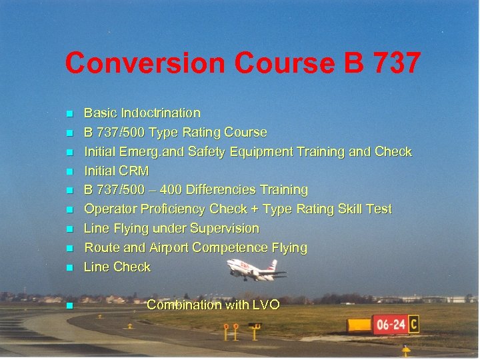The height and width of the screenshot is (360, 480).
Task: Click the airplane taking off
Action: [255, 269]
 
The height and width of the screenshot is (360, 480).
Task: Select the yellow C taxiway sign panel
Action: [414, 325]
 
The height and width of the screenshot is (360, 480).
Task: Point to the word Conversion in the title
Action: [145, 63]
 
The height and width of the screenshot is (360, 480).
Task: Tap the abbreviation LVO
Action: [266, 305]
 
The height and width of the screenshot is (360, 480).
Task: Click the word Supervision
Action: [224, 229]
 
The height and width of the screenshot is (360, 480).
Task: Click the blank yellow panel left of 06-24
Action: [359, 325]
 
